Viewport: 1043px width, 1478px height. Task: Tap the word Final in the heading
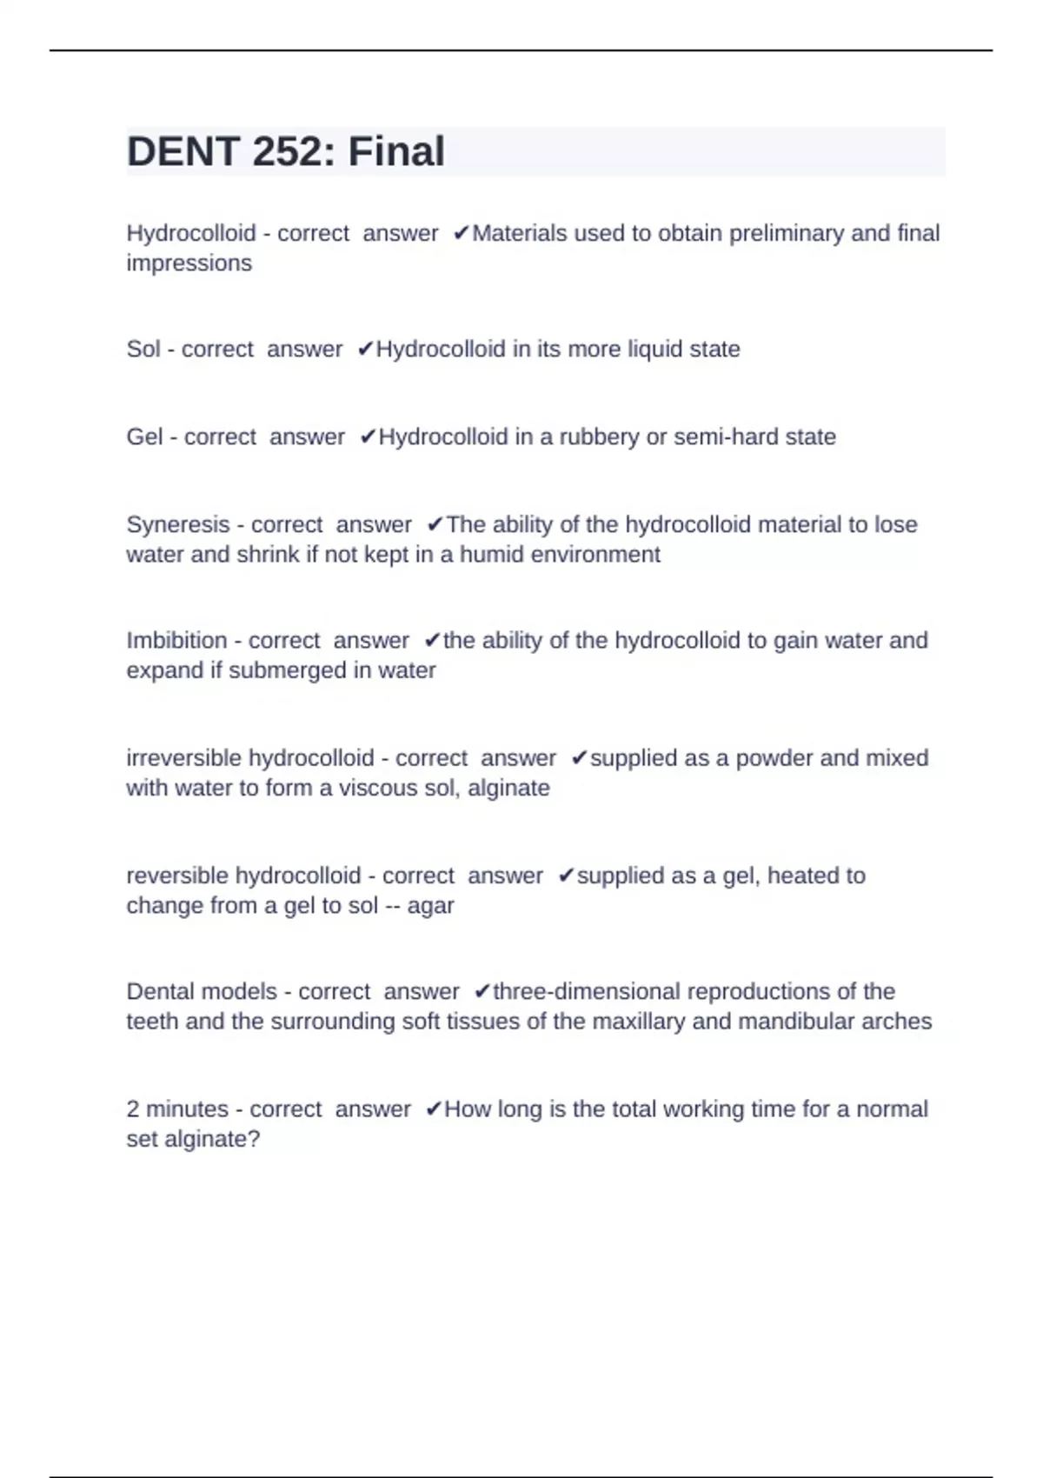tap(396, 152)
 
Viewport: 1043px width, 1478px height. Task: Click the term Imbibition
tap(176, 641)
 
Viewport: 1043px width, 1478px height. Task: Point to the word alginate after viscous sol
tap(508, 789)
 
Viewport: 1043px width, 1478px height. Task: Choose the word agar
tap(431, 906)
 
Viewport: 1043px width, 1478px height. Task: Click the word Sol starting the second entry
tap(143, 350)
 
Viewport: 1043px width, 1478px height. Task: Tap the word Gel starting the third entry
tap(144, 437)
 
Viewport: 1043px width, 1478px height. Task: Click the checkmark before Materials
tap(462, 234)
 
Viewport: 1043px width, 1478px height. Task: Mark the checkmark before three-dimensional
tap(482, 992)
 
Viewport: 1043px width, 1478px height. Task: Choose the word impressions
tap(189, 263)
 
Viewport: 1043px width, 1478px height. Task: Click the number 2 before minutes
tap(133, 1109)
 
